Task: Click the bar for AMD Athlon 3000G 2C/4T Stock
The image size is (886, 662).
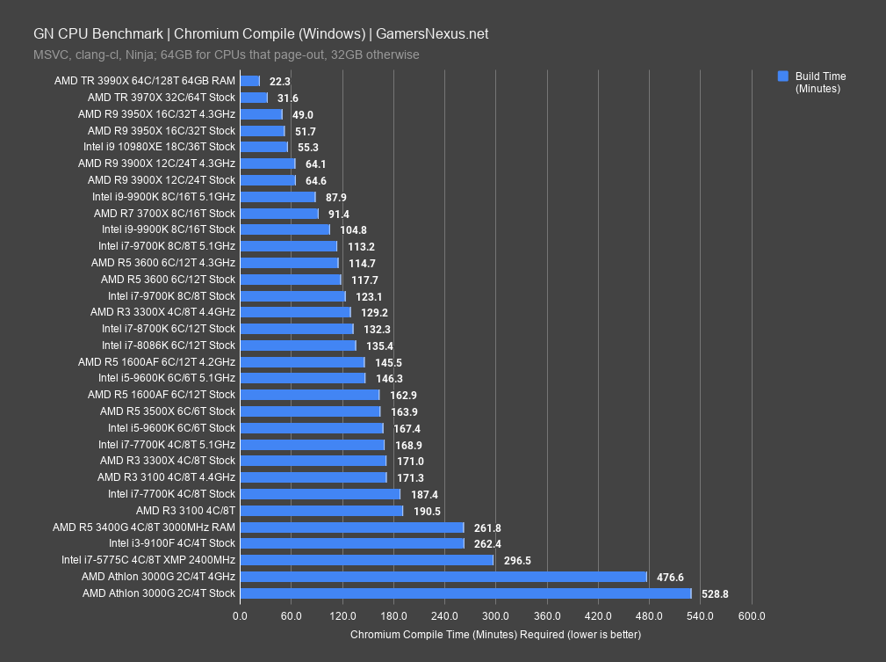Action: click(465, 593)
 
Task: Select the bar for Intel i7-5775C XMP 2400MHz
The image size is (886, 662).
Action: click(366, 560)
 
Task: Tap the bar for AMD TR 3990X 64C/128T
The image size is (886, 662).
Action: click(250, 81)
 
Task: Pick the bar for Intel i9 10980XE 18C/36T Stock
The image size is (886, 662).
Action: click(263, 147)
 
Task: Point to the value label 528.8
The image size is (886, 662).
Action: click(715, 594)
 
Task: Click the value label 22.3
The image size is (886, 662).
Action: click(280, 81)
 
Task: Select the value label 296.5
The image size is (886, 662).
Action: click(517, 560)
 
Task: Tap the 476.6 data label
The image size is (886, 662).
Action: click(670, 578)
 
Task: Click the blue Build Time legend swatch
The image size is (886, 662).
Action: click(783, 76)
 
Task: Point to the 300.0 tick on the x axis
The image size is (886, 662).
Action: click(495, 616)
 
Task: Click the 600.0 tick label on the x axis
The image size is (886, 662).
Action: click(752, 616)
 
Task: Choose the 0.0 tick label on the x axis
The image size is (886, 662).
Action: click(240, 616)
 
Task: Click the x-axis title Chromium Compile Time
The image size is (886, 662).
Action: click(495, 634)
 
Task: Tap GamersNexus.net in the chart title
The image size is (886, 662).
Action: click(432, 34)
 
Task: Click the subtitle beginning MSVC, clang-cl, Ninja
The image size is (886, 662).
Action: click(227, 55)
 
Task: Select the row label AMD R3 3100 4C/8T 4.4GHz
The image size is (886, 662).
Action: click(166, 477)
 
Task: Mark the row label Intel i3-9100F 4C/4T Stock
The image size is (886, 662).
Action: click(172, 543)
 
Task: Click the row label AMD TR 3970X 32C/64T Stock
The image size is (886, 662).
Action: click(162, 98)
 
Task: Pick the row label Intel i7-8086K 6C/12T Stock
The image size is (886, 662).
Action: click(169, 346)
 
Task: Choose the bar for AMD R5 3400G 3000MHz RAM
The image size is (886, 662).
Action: click(351, 527)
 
